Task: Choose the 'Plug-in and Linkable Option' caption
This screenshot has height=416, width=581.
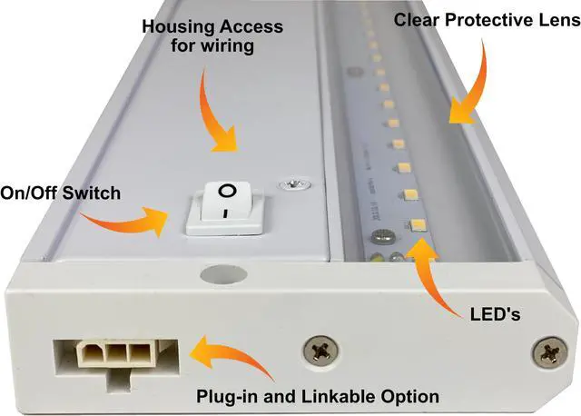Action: [319, 396]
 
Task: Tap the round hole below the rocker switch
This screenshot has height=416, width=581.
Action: [215, 271]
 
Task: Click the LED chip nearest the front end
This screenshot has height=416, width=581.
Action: [419, 223]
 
